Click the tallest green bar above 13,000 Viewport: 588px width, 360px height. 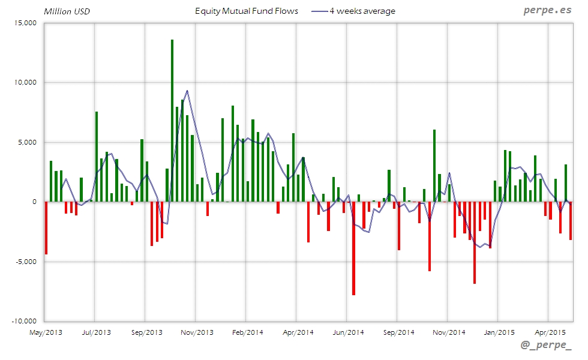(172, 120)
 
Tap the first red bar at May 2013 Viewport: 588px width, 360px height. (46, 228)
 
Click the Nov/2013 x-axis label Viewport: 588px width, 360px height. (197, 332)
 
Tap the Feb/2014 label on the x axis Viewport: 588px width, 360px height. (247, 332)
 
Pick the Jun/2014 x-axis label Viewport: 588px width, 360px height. (348, 332)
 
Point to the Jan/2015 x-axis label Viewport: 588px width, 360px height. (499, 332)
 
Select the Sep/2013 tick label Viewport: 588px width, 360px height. (146, 332)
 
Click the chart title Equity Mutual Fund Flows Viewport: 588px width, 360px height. (247, 11)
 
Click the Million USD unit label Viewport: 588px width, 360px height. (67, 11)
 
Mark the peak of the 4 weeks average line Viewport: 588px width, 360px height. (187, 91)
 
